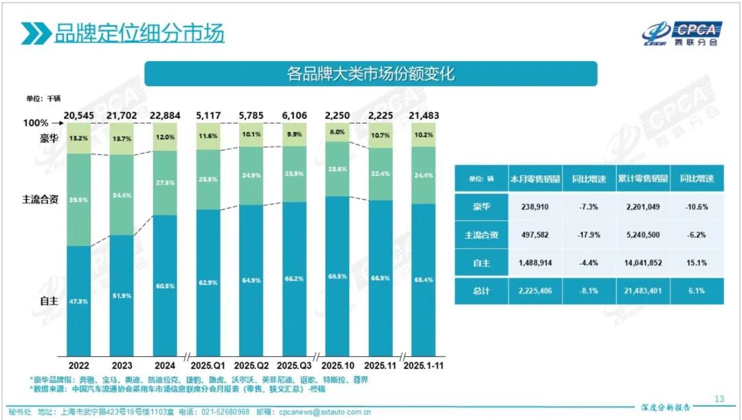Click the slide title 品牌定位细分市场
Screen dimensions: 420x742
[x=139, y=33]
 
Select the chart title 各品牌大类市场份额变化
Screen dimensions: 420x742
[x=370, y=74]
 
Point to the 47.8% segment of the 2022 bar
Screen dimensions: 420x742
[x=79, y=300]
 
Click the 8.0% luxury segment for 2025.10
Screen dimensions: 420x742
[x=337, y=132]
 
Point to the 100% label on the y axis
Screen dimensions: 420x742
[x=36, y=123]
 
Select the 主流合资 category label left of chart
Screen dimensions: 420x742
[x=40, y=200]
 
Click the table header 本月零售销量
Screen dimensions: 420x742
[x=534, y=179]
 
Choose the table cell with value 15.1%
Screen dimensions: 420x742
[x=697, y=263]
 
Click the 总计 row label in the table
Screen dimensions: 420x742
[x=481, y=291]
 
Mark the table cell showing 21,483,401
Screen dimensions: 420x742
[x=643, y=291]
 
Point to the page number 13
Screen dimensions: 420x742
[x=719, y=399]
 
